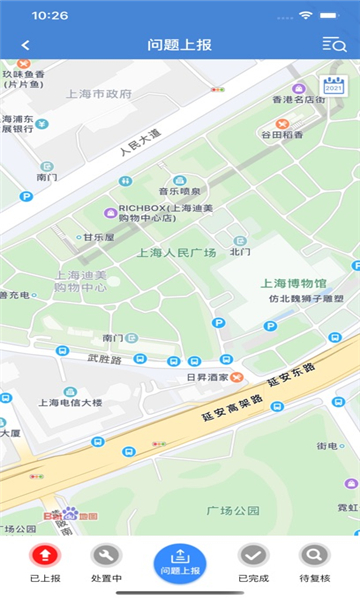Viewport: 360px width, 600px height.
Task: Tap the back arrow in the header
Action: click(x=25, y=45)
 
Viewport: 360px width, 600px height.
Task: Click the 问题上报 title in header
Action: click(x=179, y=45)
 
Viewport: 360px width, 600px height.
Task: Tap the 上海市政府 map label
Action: click(x=98, y=94)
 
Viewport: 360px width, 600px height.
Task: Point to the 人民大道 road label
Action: click(x=139, y=142)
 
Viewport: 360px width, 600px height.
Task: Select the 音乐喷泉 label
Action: click(x=180, y=190)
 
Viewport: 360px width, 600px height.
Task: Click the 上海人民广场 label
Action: click(x=176, y=253)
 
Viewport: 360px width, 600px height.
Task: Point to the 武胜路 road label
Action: click(x=103, y=358)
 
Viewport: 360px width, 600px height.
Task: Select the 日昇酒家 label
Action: click(x=208, y=377)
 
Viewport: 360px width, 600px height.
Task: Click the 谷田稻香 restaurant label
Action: click(x=281, y=134)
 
